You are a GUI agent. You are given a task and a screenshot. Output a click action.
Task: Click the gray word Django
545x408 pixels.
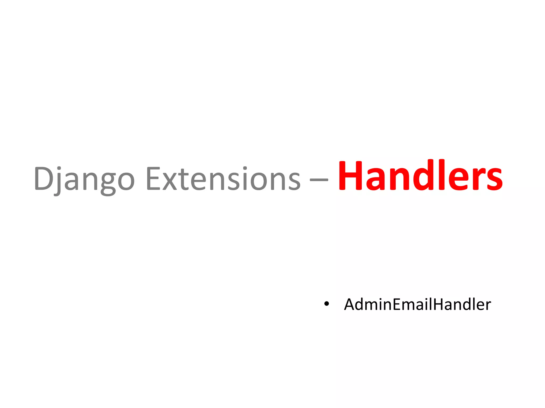[84, 178]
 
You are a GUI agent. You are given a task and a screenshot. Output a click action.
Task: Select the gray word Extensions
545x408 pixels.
[223, 178]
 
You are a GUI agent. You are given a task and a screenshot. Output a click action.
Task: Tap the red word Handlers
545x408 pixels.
[420, 176]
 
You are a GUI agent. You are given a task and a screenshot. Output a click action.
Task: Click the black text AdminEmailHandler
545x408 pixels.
[417, 304]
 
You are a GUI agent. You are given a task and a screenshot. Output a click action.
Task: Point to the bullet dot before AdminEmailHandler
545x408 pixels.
[327, 304]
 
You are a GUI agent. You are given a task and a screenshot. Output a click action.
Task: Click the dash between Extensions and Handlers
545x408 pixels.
[319, 180]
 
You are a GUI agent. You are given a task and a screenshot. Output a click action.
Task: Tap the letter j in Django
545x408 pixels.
[58, 181]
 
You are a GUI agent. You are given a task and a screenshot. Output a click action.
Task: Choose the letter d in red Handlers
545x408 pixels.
[425, 175]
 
